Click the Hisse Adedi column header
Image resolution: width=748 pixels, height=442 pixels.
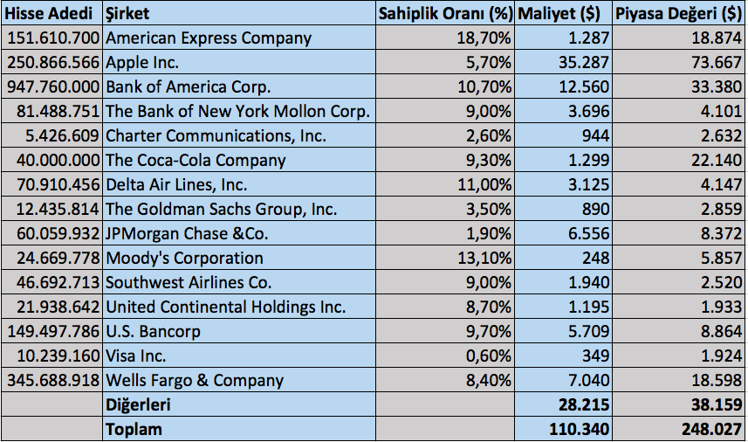point(48,13)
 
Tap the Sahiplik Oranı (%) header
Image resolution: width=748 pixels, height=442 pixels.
point(445,13)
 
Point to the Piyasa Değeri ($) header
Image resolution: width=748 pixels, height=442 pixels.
point(678,13)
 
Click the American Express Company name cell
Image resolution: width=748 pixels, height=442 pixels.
point(209,38)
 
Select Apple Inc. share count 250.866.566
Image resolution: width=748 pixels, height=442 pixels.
point(53,63)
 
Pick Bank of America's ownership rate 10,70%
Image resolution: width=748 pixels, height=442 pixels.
point(484,86)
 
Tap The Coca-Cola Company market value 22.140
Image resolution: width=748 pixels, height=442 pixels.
point(717,160)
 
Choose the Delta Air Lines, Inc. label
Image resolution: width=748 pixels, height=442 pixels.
point(176,184)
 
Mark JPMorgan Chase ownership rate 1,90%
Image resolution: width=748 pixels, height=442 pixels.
point(489,233)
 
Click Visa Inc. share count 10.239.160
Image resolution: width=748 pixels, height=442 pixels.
point(58,356)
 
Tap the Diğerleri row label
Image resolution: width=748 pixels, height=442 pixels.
point(138,404)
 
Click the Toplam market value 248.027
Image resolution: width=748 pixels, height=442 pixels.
point(711,429)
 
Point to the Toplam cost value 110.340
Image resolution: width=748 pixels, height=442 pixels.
point(580,429)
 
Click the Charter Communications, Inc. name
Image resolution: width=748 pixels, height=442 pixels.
point(216,136)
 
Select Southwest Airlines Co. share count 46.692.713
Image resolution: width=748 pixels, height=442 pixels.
point(58,282)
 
